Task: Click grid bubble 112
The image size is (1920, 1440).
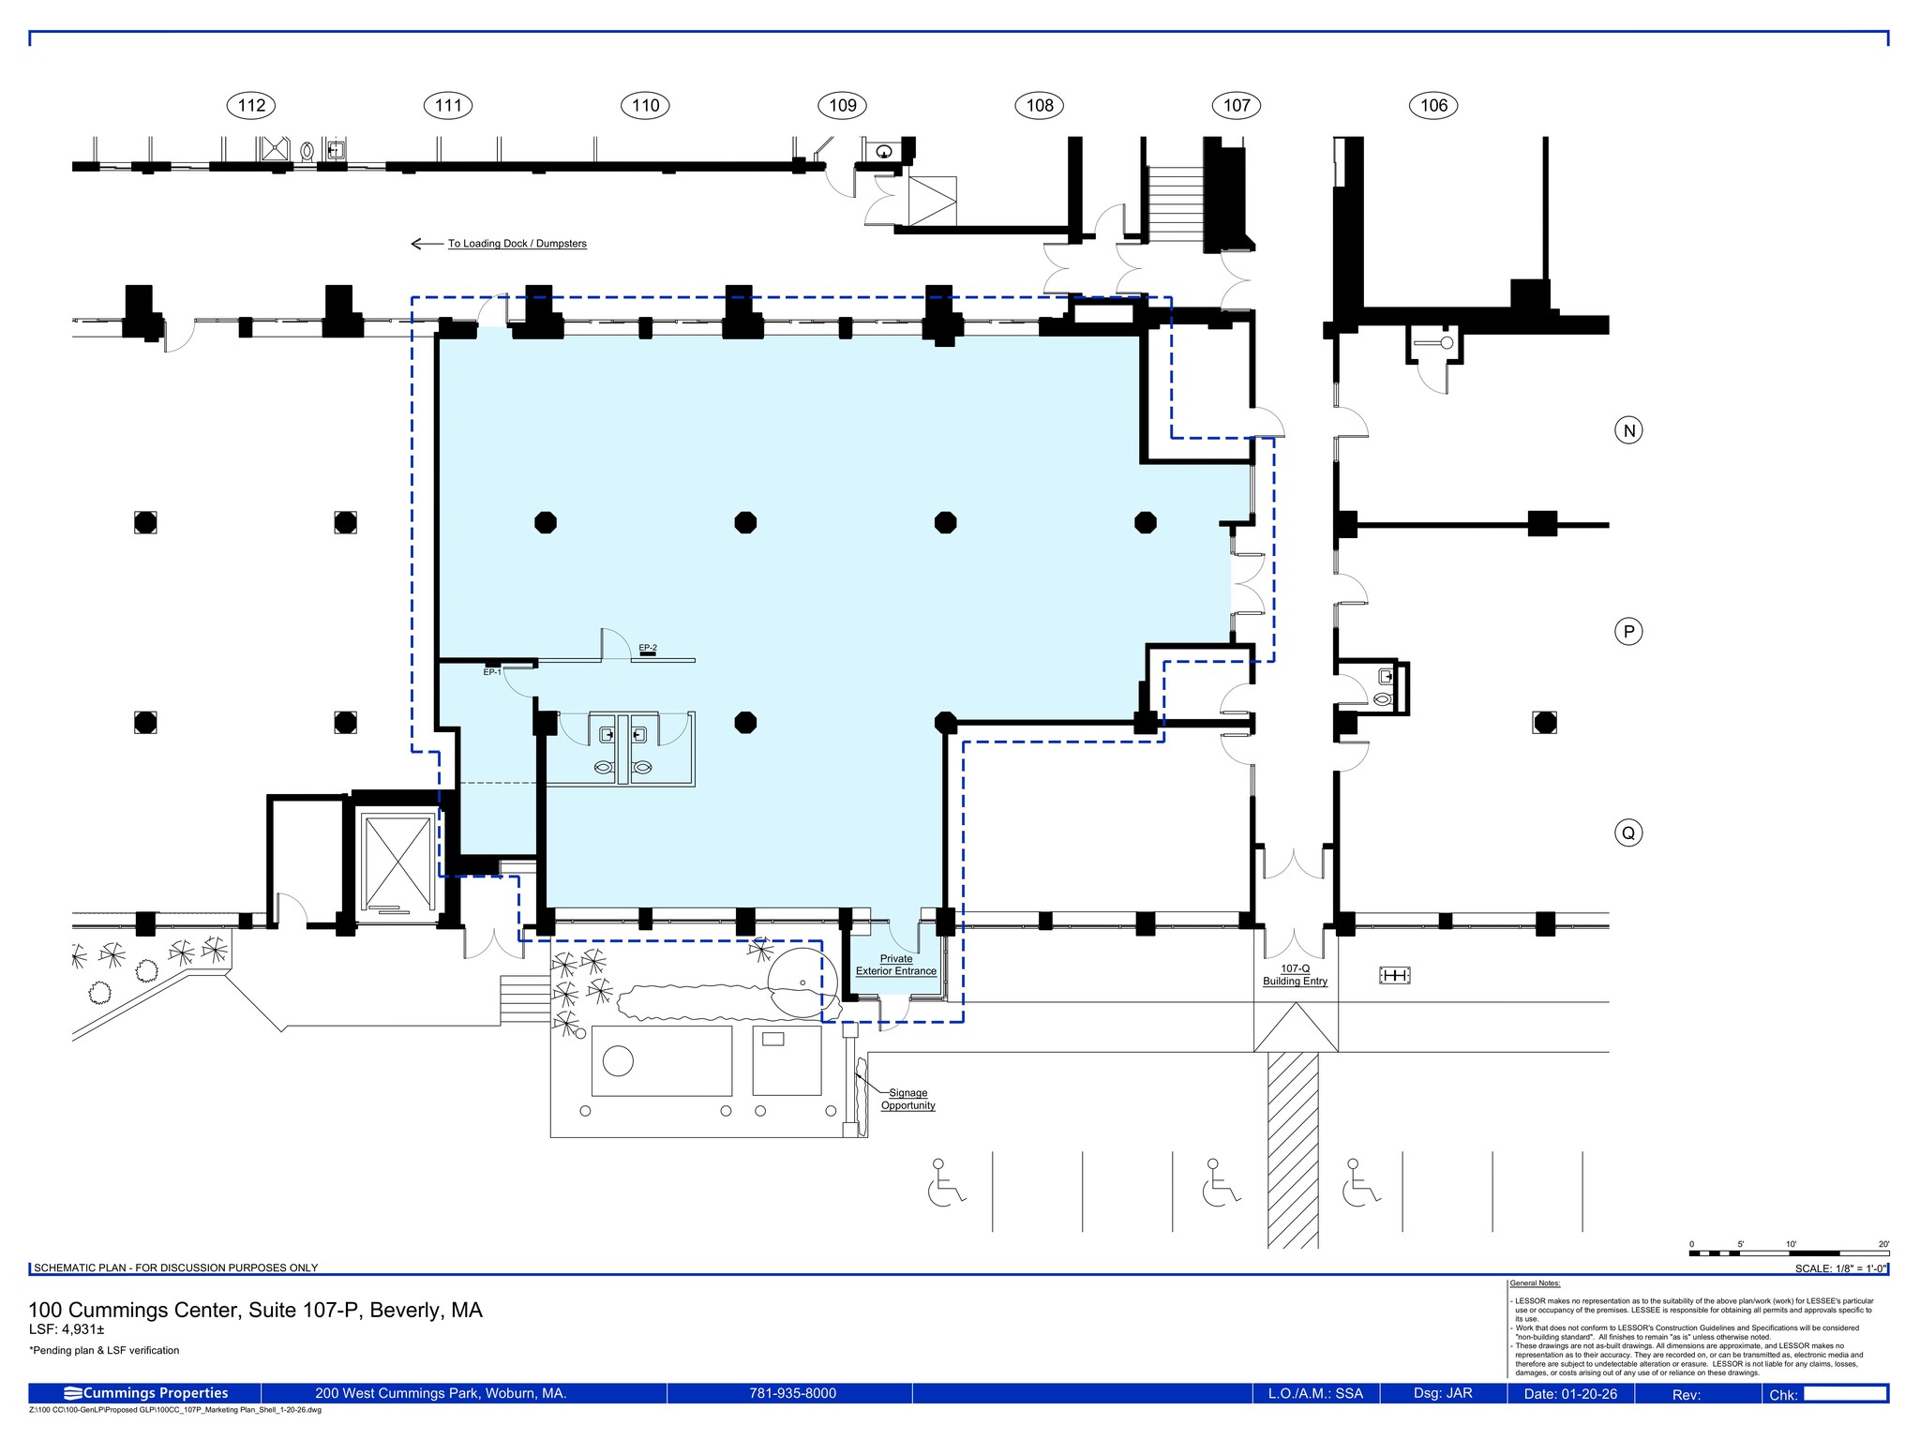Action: pos(251,105)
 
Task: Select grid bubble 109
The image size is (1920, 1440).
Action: pos(842,105)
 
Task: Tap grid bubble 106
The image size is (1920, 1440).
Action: pos(1433,105)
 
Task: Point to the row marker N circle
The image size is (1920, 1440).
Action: pos(1628,430)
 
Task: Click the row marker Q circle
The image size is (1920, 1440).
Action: pos(1628,832)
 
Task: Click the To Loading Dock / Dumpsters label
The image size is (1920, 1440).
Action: pos(517,244)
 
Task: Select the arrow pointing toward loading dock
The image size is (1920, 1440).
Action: pos(427,244)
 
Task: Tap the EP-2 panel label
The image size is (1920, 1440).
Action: pos(648,648)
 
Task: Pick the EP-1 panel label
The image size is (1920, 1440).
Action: pos(492,672)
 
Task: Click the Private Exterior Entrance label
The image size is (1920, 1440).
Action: pos(896,965)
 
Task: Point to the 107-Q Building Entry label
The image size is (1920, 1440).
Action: pos(1295,975)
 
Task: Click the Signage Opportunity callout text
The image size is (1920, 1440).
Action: pos(907,1099)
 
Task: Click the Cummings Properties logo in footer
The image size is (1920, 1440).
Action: pos(146,1393)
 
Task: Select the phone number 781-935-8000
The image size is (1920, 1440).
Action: pos(792,1393)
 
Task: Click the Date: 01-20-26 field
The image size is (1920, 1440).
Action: pos(1570,1394)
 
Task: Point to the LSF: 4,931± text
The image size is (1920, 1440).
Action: pos(67,1329)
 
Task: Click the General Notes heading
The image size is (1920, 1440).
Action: pos(1535,1283)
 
